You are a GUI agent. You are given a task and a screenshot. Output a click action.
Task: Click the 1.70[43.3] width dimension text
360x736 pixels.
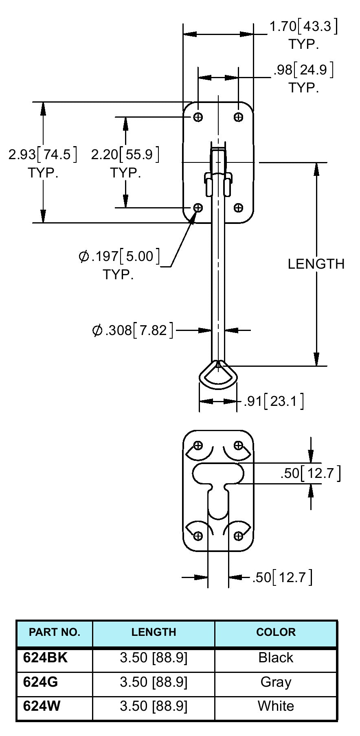coord(303,27)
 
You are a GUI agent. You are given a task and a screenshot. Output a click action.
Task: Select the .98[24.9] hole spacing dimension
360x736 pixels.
coord(303,70)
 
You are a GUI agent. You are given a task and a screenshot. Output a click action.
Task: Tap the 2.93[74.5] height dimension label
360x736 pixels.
coord(43,155)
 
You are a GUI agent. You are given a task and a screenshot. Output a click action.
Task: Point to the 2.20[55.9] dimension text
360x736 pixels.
coord(125,155)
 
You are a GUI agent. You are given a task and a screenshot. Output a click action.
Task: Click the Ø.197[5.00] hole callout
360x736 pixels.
coord(119,256)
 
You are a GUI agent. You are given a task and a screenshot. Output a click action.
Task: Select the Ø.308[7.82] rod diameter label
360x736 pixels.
coord(133,330)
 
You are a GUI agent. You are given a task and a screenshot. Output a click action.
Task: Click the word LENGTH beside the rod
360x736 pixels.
coord(316,264)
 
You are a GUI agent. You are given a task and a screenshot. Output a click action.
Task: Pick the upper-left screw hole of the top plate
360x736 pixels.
coord(198,117)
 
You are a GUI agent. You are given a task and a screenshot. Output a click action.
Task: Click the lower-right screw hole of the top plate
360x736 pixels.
coord(238,208)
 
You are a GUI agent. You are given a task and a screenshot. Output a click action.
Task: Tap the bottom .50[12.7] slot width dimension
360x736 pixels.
coord(282,577)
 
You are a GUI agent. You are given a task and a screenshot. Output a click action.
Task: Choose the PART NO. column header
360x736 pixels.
coord(55,632)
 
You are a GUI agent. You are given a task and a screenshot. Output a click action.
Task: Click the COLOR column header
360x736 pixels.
coord(276,632)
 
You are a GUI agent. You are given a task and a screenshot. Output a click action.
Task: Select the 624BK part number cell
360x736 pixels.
coord(45,657)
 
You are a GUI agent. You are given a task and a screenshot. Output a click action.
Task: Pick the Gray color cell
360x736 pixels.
coord(276,682)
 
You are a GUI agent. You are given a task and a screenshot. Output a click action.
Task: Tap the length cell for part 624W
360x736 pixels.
coord(154,706)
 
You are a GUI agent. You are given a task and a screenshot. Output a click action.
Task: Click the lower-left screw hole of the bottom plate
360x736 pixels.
coord(198,536)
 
